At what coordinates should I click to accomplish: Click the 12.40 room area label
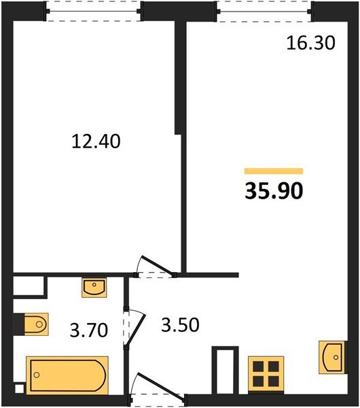coord(96,141)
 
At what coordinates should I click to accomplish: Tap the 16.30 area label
coord(311,43)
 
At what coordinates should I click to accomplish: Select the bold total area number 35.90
coord(274,190)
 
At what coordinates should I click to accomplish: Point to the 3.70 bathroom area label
coord(89,330)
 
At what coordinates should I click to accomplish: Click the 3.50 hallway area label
coord(180,325)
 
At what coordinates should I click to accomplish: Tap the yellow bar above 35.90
coord(274,171)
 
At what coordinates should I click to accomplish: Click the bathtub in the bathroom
coord(67,375)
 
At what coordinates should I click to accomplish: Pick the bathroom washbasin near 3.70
coord(94,288)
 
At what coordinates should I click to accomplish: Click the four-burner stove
coord(266,373)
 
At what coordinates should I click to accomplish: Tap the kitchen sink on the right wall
coord(333,357)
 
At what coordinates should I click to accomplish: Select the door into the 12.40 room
coord(155,267)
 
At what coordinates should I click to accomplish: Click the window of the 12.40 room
coord(94,11)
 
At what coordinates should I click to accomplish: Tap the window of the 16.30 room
coord(264,12)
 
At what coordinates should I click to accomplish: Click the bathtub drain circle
coord(37,375)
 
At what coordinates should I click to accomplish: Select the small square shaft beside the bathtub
coord(19,389)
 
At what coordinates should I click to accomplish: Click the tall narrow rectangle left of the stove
coord(225,371)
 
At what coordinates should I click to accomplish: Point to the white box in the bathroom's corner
coord(29,286)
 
